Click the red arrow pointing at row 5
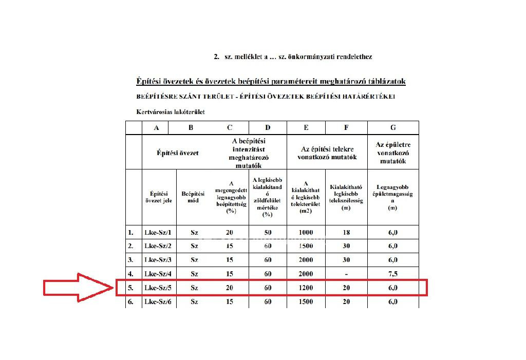[x=77, y=289]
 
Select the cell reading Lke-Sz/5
[x=158, y=288]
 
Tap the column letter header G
[x=393, y=128]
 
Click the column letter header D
[x=267, y=128]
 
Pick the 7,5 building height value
[x=393, y=274]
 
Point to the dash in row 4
[x=346, y=274]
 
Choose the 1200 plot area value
[x=306, y=288]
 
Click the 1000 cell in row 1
[x=306, y=233]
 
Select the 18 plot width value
[x=346, y=233]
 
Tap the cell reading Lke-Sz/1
[x=158, y=233]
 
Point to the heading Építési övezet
[x=178, y=153]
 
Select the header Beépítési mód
[x=193, y=197]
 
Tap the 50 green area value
[x=267, y=233]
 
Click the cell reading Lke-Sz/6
[x=158, y=302]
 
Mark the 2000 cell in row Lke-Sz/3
[x=306, y=260]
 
